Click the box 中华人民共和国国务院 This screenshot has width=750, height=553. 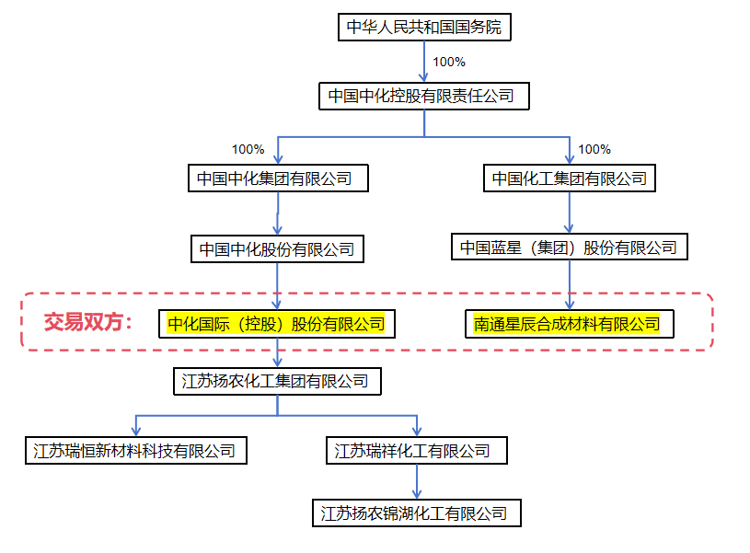pyautogui.click(x=424, y=27)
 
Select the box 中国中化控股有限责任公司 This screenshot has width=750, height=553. pyautogui.click(x=424, y=96)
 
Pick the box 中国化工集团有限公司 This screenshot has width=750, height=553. pyautogui.click(x=569, y=179)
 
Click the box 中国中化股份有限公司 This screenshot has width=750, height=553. pyautogui.click(x=277, y=249)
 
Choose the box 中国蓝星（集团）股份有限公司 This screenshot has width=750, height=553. pyautogui.click(x=569, y=248)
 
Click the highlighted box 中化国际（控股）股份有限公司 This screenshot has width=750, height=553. pyautogui.click(x=276, y=324)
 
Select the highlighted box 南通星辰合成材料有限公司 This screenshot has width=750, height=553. pyautogui.click(x=568, y=324)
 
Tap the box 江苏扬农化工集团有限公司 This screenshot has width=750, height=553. pyautogui.click(x=275, y=381)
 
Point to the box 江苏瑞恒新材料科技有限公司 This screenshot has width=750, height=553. pyautogui.click(x=134, y=451)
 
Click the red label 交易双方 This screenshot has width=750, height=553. pyautogui.click(x=88, y=323)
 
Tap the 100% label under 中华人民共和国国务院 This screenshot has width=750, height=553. pyautogui.click(x=449, y=62)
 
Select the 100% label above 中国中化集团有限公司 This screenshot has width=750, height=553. pyautogui.click(x=248, y=149)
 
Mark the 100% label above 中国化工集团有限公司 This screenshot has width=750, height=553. pyautogui.click(x=594, y=149)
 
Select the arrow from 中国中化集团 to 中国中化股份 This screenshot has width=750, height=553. pyautogui.click(x=277, y=213)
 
